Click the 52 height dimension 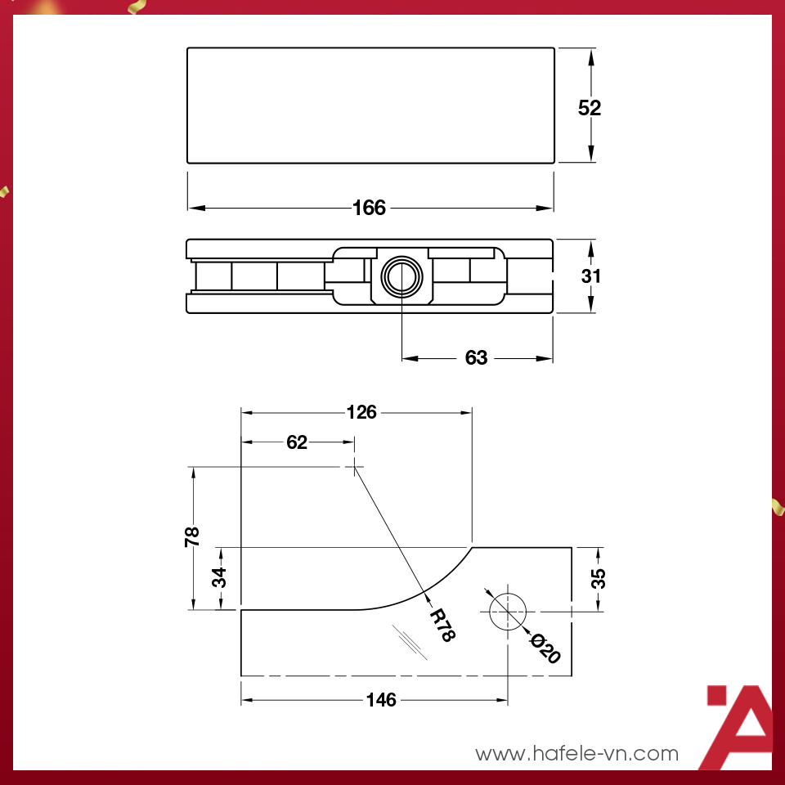pyautogui.click(x=590, y=107)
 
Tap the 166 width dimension pyautogui.click(x=369, y=208)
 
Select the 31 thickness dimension pyautogui.click(x=591, y=276)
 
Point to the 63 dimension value pyautogui.click(x=476, y=358)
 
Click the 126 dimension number pyautogui.click(x=361, y=412)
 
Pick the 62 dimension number pyautogui.click(x=297, y=442)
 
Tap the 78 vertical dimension pyautogui.click(x=193, y=536)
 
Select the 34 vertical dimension pyautogui.click(x=219, y=578)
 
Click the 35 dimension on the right pyautogui.click(x=599, y=578)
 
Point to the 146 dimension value pyautogui.click(x=381, y=700)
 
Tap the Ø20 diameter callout pyautogui.click(x=545, y=648)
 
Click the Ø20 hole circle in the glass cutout pyautogui.click(x=509, y=610)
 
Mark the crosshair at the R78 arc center pyautogui.click(x=354, y=468)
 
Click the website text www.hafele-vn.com pyautogui.click(x=577, y=753)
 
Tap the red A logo pyautogui.click(x=740, y=728)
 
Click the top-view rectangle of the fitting pyautogui.click(x=370, y=105)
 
